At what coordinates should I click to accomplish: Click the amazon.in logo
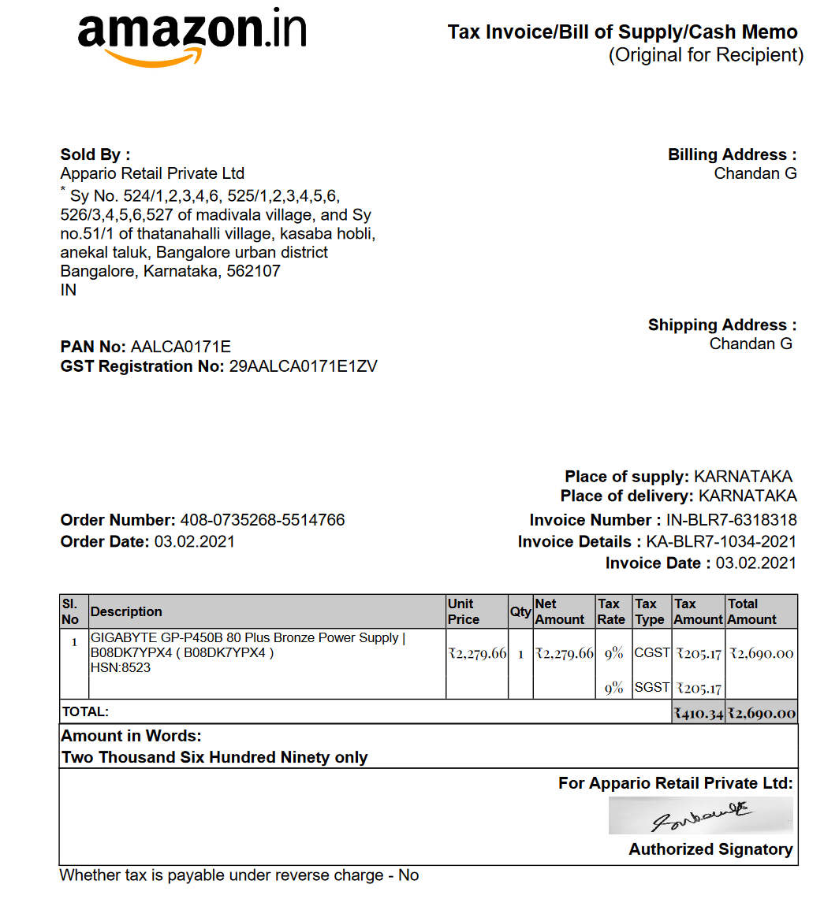(192, 36)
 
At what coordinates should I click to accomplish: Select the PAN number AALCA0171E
(181, 347)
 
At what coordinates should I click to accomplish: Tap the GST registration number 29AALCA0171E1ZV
(303, 366)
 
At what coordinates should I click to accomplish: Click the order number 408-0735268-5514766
(262, 520)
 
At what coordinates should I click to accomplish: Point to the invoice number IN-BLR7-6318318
(731, 520)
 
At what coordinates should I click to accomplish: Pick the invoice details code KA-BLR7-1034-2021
(721, 541)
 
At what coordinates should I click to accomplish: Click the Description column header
(126, 611)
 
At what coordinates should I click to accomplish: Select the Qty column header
(520, 611)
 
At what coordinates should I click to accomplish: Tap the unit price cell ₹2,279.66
(477, 653)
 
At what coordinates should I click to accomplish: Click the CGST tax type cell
(652, 652)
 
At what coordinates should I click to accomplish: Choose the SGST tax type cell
(652, 687)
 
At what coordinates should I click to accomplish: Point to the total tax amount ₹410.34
(698, 713)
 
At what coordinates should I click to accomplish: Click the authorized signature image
(700, 815)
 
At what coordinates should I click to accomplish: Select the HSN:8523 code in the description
(121, 667)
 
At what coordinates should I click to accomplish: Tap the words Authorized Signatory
(710, 849)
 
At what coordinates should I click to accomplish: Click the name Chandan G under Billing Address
(755, 173)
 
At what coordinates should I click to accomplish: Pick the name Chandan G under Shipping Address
(751, 344)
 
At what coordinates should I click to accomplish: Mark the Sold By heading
(95, 154)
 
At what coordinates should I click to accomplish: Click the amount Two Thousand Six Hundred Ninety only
(214, 757)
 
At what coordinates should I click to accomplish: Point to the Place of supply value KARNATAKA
(743, 477)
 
